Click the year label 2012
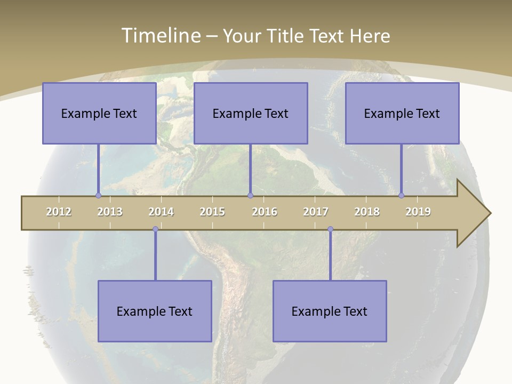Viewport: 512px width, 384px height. pyautogui.click(x=59, y=212)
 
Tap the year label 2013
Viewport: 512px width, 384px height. pyautogui.click(x=110, y=212)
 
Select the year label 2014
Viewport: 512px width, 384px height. pyautogui.click(x=161, y=212)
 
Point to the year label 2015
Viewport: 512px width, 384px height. pyautogui.click(x=212, y=212)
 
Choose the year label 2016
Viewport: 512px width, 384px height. pyautogui.click(x=265, y=212)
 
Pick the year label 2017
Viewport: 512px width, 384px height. pyautogui.click(x=316, y=212)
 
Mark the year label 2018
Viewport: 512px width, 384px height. pyautogui.click(x=367, y=212)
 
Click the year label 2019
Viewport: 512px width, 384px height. pyautogui.click(x=418, y=212)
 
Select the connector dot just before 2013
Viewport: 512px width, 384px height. pyautogui.click(x=98, y=195)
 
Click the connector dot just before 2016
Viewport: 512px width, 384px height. pyautogui.click(x=250, y=195)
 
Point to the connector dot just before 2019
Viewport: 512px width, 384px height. pyautogui.click(x=402, y=195)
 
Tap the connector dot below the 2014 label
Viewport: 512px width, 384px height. pyautogui.click(x=155, y=229)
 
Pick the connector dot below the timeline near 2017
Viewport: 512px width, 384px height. pyautogui.click(x=330, y=229)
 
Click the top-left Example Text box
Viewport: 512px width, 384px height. pyautogui.click(x=99, y=113)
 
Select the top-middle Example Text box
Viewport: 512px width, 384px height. pyautogui.click(x=251, y=113)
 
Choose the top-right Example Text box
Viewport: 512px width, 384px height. pyautogui.click(x=402, y=113)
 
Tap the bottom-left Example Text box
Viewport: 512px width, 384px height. pyautogui.click(x=155, y=311)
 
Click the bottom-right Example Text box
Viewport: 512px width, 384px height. pyautogui.click(x=330, y=311)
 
